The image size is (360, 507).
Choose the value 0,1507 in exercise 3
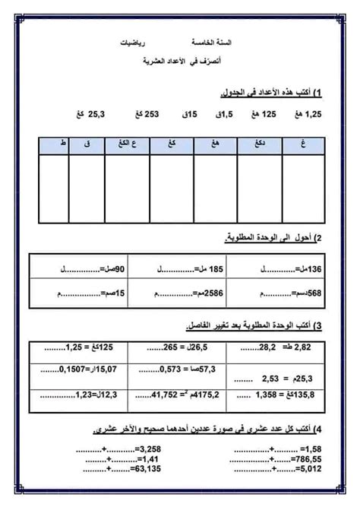click(x=72, y=372)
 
